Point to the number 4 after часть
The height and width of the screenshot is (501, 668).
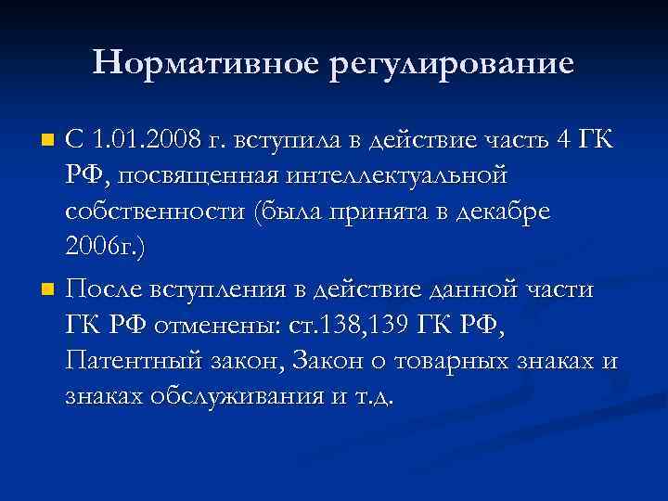[562, 140]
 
